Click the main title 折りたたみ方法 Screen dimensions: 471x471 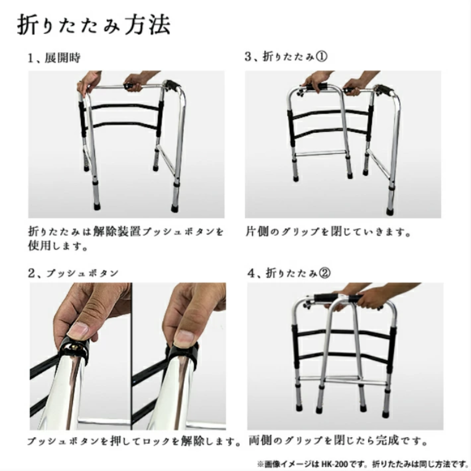pos(93,26)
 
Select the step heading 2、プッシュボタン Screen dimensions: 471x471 pos(73,273)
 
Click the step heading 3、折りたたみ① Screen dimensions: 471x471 pos(286,58)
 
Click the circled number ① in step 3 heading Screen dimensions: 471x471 pos(321,58)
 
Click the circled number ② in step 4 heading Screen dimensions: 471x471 pos(325,273)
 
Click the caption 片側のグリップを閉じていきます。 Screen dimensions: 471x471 pos(328,232)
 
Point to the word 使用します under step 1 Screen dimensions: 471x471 pos(57,247)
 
